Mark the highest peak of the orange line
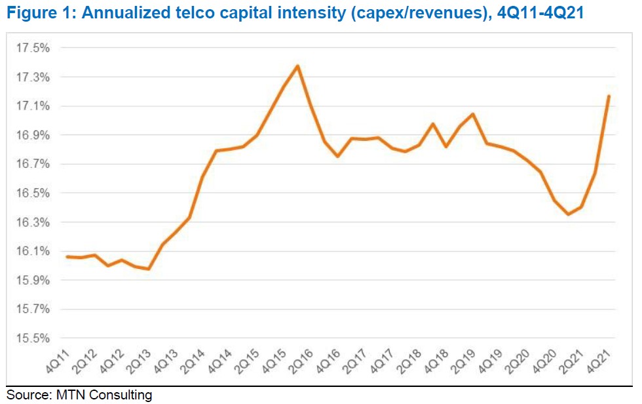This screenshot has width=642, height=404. pyautogui.click(x=298, y=66)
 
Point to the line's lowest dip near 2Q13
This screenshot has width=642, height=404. pyautogui.click(x=149, y=269)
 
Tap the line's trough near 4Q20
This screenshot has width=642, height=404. pyautogui.click(x=568, y=214)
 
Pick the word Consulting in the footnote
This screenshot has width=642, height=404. pyautogui.click(x=122, y=395)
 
